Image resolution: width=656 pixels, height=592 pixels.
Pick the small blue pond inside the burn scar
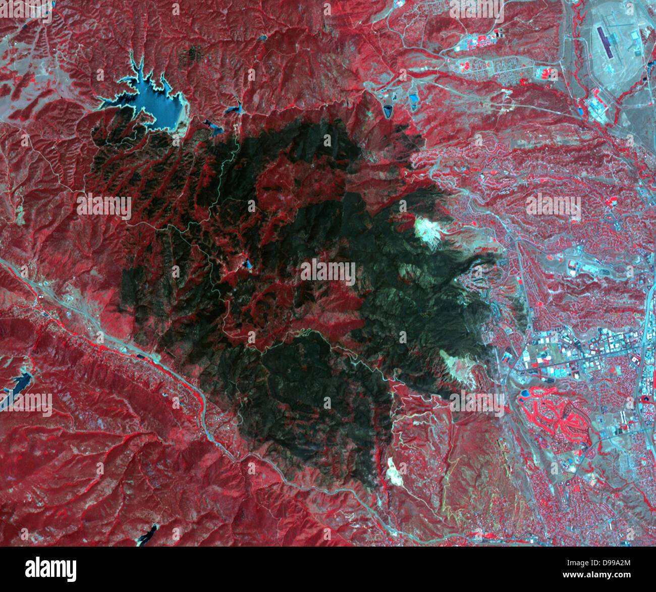pos(247,263)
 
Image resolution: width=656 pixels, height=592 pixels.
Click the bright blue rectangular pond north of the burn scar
pos(414,100)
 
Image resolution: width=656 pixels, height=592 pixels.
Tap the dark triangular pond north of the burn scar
pos(389,111)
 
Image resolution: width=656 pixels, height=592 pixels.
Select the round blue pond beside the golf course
pos(525,394)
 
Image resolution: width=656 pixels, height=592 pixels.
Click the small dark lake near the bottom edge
pos(147,535)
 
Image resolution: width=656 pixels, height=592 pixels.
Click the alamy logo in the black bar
pos(50,569)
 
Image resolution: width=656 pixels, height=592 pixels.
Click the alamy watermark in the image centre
pos(328,272)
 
